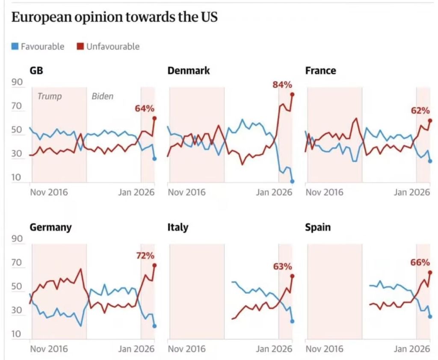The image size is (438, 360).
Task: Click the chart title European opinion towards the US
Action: (x=114, y=18)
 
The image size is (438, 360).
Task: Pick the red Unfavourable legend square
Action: (x=80, y=46)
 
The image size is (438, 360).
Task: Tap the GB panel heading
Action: (x=36, y=71)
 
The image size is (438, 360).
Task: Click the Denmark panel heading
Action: (x=189, y=71)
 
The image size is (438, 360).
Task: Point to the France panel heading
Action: (x=320, y=71)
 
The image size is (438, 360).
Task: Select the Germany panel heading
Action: (x=50, y=227)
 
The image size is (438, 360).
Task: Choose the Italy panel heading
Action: (x=178, y=227)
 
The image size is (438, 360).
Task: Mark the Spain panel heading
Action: (x=318, y=227)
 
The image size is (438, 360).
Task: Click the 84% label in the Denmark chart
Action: (x=282, y=85)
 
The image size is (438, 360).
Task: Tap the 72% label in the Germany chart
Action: (x=145, y=256)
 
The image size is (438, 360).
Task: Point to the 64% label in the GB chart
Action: (x=144, y=108)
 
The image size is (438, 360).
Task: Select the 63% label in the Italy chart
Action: (x=282, y=267)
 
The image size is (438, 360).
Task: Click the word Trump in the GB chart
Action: (x=50, y=96)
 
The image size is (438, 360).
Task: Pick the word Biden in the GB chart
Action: (x=103, y=96)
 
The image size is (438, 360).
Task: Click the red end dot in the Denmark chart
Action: (x=293, y=94)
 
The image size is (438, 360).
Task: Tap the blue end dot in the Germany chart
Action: (x=154, y=326)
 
